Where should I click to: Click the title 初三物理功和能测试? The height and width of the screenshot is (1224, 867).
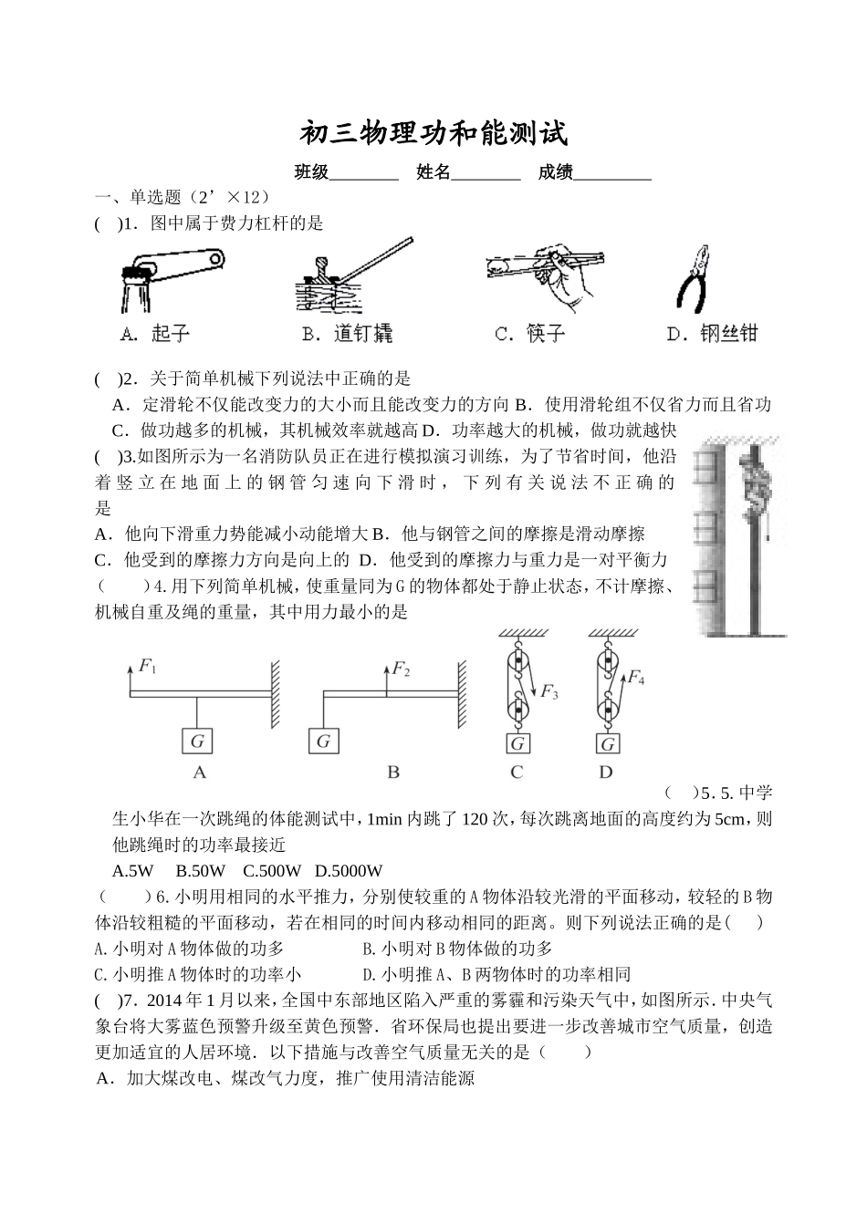[x=433, y=134]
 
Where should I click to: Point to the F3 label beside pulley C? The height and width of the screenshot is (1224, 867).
[x=548, y=692]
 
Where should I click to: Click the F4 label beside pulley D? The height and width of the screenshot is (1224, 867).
[x=636, y=679]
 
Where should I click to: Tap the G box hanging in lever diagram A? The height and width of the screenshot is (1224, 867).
[x=197, y=741]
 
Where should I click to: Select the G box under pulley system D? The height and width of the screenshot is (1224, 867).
[x=607, y=744]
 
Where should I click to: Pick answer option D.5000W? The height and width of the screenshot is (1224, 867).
[x=349, y=870]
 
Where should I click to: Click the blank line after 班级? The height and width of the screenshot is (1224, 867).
[x=363, y=172]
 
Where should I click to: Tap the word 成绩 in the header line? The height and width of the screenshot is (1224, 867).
[x=555, y=172]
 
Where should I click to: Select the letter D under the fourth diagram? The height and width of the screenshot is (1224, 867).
[x=606, y=772]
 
